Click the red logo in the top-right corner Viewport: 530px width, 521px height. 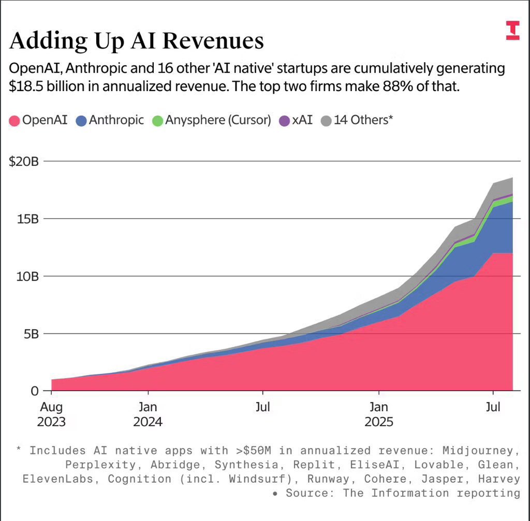tap(512, 31)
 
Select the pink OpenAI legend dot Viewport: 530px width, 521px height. tap(14, 121)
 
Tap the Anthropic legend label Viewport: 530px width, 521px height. tap(116, 120)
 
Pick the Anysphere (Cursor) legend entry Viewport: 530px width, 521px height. tap(218, 120)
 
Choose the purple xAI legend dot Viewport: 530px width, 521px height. tap(284, 121)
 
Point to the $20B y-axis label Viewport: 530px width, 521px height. tap(24, 162)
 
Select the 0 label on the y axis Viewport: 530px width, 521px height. tap(35, 391)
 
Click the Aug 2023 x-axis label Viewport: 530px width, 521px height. tap(51, 414)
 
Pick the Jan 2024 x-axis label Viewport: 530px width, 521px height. tap(148, 414)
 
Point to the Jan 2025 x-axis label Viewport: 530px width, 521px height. tap(379, 414)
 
